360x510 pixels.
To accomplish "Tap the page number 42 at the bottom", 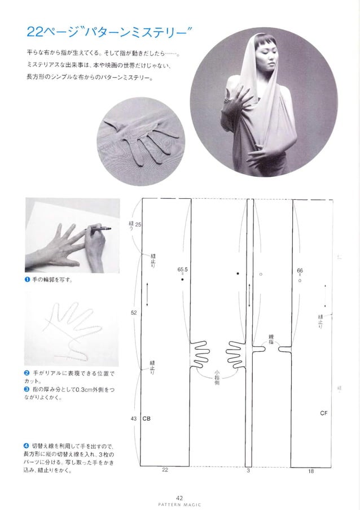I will (179, 497).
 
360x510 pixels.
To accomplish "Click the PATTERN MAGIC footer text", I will (179, 504).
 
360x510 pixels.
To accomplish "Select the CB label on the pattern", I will (146, 419).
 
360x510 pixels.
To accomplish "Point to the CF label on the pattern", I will (323, 413).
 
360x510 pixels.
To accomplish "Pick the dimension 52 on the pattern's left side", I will (134, 312).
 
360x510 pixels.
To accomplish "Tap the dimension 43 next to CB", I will (134, 419).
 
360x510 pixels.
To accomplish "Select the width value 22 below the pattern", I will (165, 469).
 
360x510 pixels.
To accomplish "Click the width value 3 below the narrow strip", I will (248, 470).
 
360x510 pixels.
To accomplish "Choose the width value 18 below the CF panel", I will (311, 470).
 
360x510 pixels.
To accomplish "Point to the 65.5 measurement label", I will (182, 270).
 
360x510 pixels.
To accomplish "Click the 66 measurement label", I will (300, 271).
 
